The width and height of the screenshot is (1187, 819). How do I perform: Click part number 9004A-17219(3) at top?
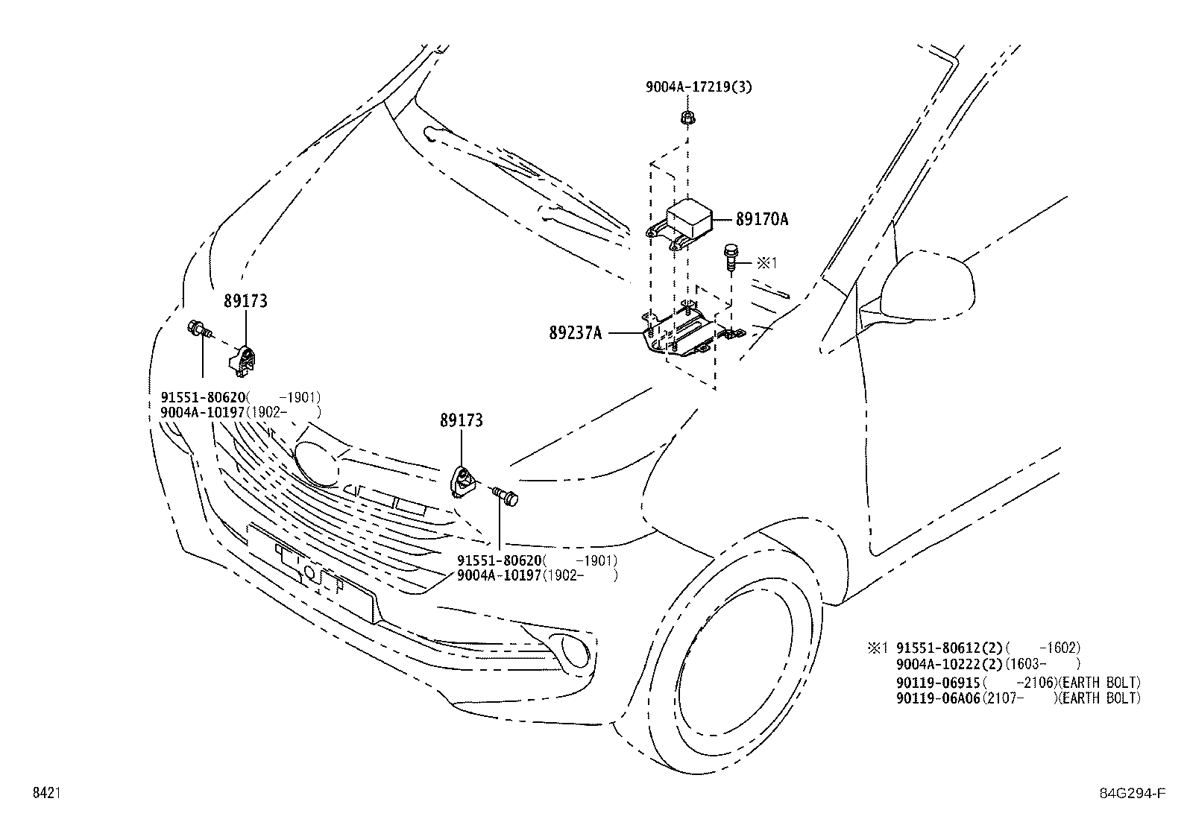698,87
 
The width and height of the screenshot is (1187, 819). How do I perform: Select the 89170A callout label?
761,219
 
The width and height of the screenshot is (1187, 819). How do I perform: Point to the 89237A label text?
575,333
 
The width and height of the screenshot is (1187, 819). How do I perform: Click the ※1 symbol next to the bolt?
766,262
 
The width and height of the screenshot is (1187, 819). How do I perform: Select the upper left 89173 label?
245,301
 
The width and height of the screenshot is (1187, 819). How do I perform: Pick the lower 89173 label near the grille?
461,420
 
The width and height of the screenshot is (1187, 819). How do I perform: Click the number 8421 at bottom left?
45,794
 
